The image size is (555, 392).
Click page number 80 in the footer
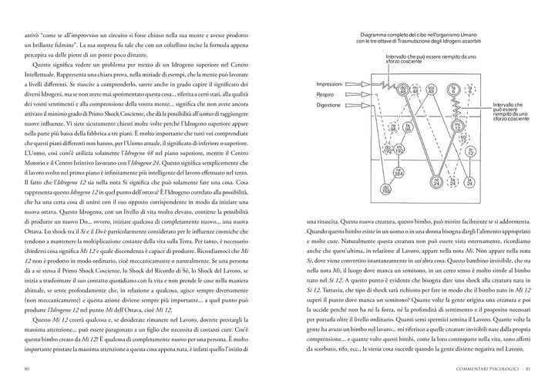point(26,368)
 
